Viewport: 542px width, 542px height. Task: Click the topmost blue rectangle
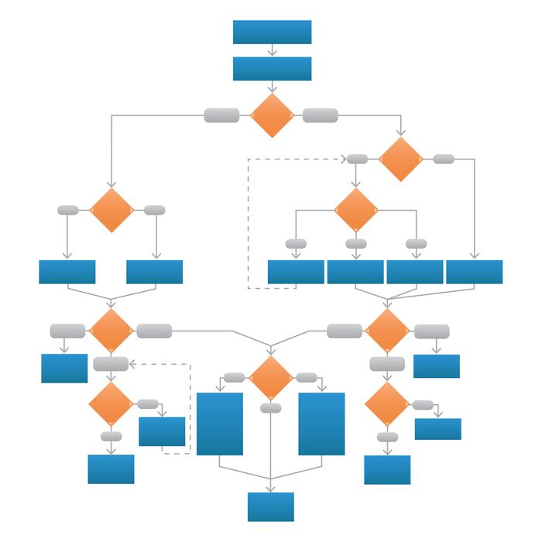[272, 32]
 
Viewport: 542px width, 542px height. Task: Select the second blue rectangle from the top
[272, 68]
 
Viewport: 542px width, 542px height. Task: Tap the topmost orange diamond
[273, 115]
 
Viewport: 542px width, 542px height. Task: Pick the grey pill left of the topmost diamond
[221, 115]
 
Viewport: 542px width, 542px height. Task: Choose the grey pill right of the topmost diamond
[320, 115]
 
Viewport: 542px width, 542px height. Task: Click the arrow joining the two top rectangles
[272, 50]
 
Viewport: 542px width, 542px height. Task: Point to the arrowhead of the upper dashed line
[342, 159]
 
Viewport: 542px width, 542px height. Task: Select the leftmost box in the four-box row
[296, 272]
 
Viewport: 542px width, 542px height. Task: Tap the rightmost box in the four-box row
[475, 272]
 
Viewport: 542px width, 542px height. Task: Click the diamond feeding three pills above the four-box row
[356, 209]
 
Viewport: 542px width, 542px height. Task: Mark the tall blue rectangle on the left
[220, 424]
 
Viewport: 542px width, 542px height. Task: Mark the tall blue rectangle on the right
[321, 424]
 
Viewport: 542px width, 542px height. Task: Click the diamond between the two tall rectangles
[271, 378]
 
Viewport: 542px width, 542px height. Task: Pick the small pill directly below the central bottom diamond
[271, 408]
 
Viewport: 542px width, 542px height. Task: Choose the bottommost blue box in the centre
[271, 506]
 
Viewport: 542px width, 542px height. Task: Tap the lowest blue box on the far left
[111, 468]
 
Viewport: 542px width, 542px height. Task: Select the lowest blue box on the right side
[387, 469]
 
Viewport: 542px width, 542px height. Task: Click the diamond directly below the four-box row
[386, 331]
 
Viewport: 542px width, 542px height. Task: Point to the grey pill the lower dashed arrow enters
[111, 363]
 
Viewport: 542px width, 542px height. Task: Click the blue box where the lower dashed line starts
[162, 431]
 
